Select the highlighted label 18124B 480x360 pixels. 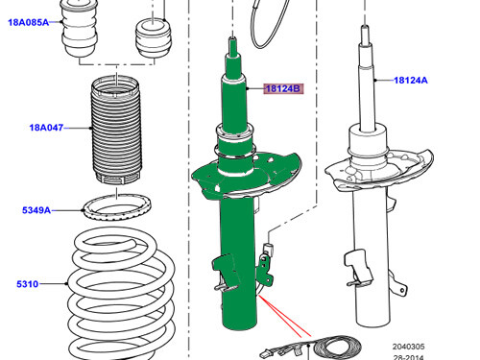coord(283,89)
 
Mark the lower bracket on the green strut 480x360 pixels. coord(223,272)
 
